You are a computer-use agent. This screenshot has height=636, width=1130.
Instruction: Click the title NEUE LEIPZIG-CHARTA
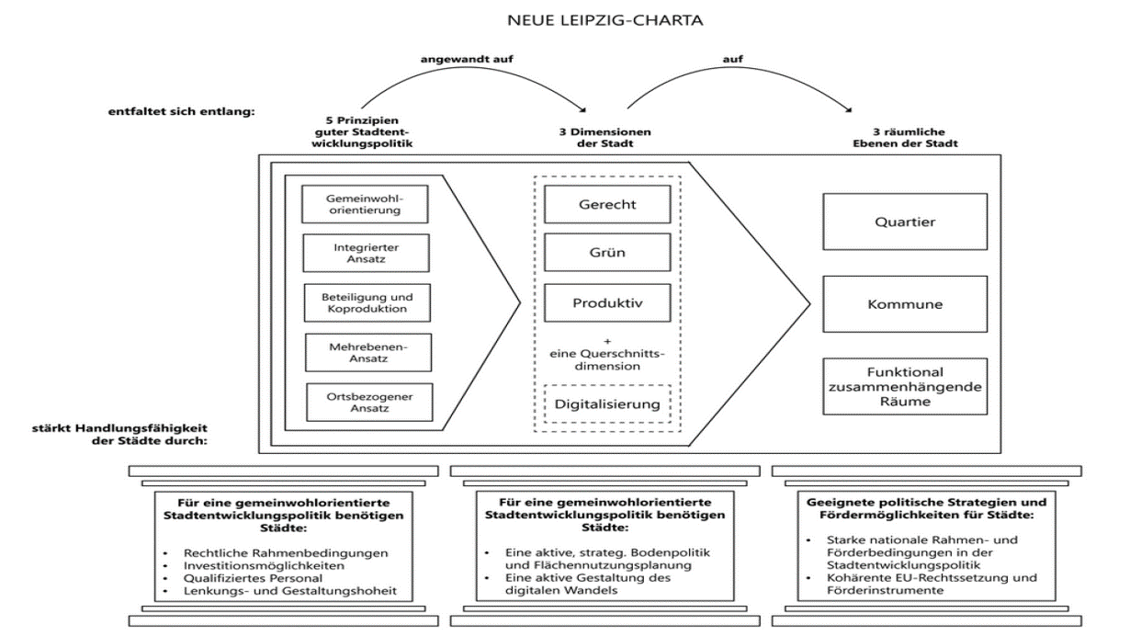pyautogui.click(x=605, y=20)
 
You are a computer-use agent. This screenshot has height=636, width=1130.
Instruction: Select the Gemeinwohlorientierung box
pyautogui.click(x=365, y=204)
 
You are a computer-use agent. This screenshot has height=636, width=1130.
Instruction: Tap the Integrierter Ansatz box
pyautogui.click(x=367, y=253)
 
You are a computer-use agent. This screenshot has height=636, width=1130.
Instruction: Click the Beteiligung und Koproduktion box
pyautogui.click(x=367, y=303)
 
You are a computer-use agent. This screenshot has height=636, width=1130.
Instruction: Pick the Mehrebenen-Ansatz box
pyautogui.click(x=368, y=352)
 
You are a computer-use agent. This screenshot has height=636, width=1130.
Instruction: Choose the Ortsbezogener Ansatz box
pyautogui.click(x=369, y=403)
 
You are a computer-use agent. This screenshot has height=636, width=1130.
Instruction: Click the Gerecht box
pyautogui.click(x=607, y=204)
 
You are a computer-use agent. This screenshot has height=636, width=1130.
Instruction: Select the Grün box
pyautogui.click(x=607, y=252)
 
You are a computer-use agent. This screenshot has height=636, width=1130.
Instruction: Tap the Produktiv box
pyautogui.click(x=607, y=303)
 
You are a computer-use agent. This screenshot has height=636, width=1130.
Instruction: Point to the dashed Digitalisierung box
pyautogui.click(x=607, y=403)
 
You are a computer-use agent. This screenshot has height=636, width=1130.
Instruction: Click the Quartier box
pyautogui.click(x=905, y=221)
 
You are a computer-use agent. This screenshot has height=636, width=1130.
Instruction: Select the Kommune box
pyautogui.click(x=905, y=304)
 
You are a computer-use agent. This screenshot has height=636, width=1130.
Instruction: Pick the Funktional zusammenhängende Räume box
pyautogui.click(x=905, y=387)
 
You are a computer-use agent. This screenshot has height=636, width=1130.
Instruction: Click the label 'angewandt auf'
pyautogui.click(x=467, y=59)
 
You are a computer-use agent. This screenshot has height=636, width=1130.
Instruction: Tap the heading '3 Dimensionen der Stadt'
pyautogui.click(x=605, y=137)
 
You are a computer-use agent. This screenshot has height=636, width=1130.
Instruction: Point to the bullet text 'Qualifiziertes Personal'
pyautogui.click(x=253, y=578)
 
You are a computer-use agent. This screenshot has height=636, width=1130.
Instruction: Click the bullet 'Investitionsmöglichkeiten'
pyautogui.click(x=264, y=565)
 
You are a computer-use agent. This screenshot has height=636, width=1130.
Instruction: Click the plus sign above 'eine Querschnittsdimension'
pyautogui.click(x=607, y=341)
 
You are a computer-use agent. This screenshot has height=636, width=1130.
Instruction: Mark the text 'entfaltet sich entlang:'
pyautogui.click(x=181, y=111)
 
